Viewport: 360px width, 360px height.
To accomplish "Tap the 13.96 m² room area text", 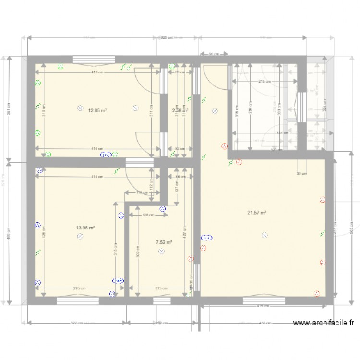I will pyautogui.click(x=85, y=228).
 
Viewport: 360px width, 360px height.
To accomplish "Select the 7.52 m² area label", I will pyautogui.click(x=164, y=243).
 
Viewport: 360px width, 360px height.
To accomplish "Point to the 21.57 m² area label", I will pyautogui.click(x=257, y=213).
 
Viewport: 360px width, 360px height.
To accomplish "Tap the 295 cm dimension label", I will pyautogui.click(x=79, y=288).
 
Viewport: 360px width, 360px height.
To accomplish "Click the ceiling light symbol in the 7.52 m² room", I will pyautogui.click(x=162, y=251).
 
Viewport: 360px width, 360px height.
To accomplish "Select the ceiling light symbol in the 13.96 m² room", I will pyautogui.click(x=80, y=236).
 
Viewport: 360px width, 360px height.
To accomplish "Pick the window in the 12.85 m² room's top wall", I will pyautogui.click(x=94, y=60).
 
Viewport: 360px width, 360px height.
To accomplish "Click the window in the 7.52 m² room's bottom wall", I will pyautogui.click(x=162, y=301).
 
